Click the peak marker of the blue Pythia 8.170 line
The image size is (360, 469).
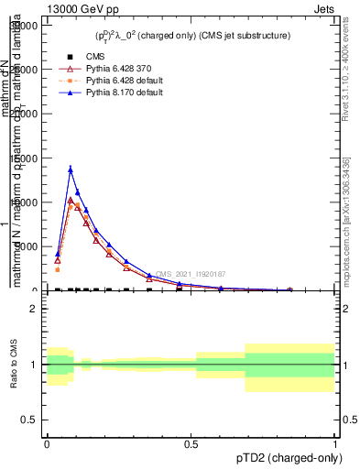pos(71,169)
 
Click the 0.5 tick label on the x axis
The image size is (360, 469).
pos(191,444)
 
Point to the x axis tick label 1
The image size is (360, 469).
pos(334,444)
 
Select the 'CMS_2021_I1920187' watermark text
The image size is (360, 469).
pos(191,274)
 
